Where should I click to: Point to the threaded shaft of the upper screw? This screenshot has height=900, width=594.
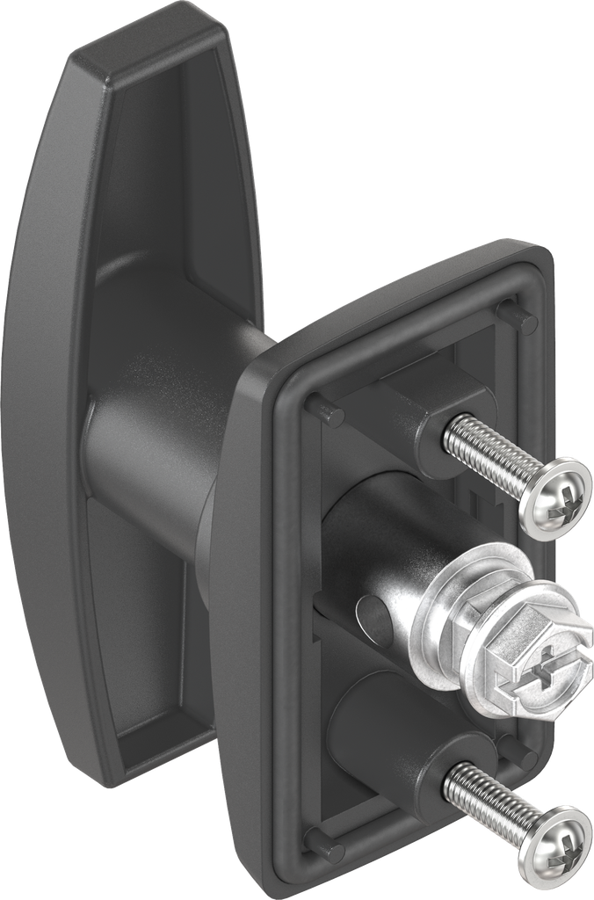[488, 454]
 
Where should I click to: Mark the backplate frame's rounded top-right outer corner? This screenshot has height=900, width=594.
[547, 256]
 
